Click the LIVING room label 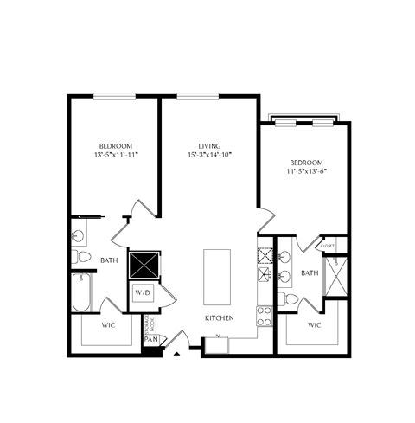tap(209, 146)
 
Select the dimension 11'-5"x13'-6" tap(306, 171)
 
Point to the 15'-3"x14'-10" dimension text tap(209, 156)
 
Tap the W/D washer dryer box tap(141, 293)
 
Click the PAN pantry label tap(150, 340)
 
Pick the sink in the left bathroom tap(80, 234)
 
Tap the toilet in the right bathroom tap(291, 300)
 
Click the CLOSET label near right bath tap(326, 246)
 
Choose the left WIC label tap(108, 325)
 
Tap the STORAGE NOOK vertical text tap(150, 321)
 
